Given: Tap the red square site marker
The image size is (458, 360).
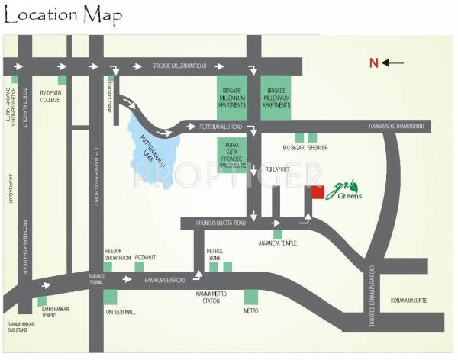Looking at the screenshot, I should tap(315, 192).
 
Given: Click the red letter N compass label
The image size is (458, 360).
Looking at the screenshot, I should tap(374, 63).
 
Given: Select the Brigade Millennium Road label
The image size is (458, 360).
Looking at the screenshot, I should tap(179, 66).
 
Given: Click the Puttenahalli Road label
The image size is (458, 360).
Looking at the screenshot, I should tap(220, 125).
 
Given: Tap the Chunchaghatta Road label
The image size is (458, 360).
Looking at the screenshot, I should tap(221, 223).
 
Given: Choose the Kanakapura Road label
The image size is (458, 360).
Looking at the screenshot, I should tap(166, 281).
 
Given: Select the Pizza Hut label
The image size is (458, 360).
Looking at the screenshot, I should tap(146, 259).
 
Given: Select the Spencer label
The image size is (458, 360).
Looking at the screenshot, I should tap(319, 148).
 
